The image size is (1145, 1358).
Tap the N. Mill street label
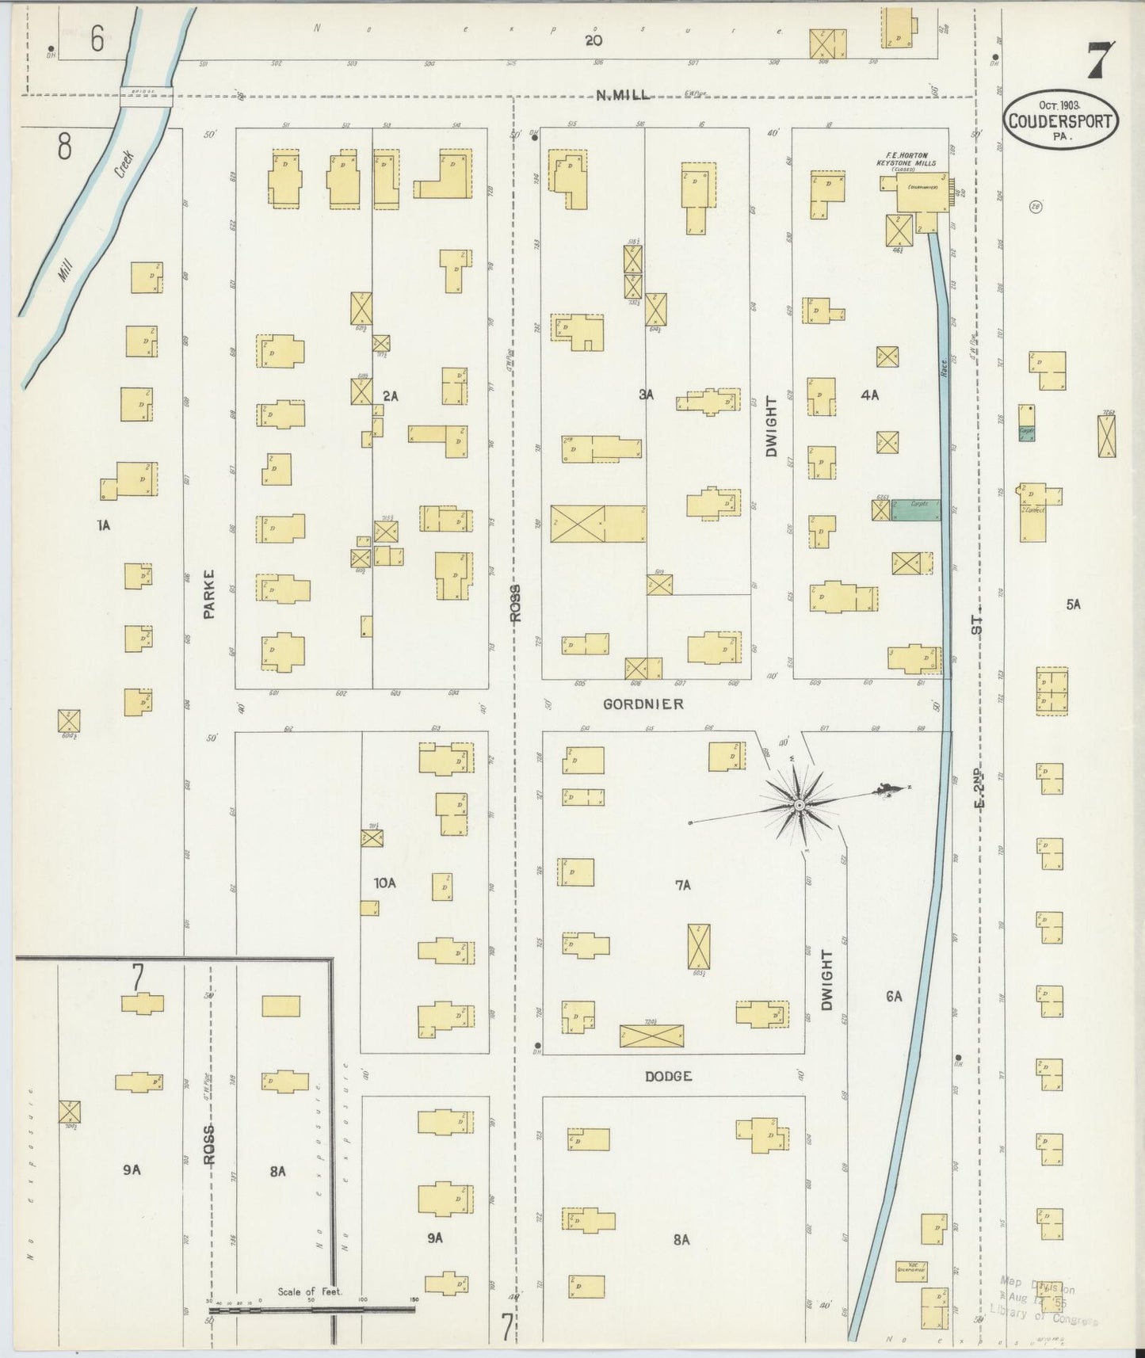click(x=623, y=96)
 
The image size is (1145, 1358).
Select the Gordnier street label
click(x=643, y=704)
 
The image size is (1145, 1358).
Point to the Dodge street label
click(x=668, y=1076)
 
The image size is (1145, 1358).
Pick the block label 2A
click(x=389, y=395)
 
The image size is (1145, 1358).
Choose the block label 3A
click(x=647, y=394)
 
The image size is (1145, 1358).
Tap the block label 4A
click(x=869, y=394)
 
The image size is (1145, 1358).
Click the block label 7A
click(x=683, y=885)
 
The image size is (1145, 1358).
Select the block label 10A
click(x=384, y=882)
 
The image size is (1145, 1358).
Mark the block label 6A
click(x=894, y=997)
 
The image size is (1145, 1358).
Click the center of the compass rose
click(x=799, y=806)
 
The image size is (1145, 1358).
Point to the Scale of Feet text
click(x=309, y=1291)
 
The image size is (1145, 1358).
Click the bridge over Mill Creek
click(x=146, y=99)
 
